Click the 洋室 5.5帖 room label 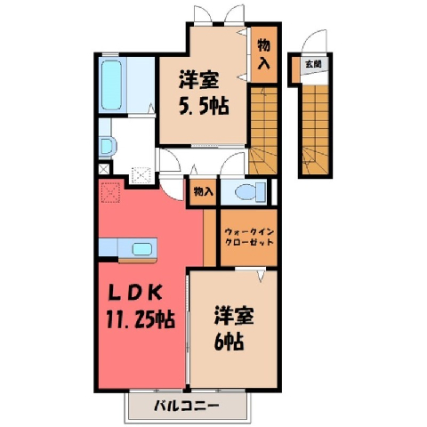pyautogui.click(x=204, y=93)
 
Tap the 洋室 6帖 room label pyautogui.click(x=234, y=328)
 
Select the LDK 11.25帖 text pyautogui.click(x=140, y=306)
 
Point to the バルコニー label pyautogui.click(x=187, y=405)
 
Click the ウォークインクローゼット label pyautogui.click(x=249, y=237)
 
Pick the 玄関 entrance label pyautogui.click(x=313, y=64)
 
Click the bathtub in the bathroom pyautogui.click(x=112, y=85)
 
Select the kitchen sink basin pyautogui.click(x=142, y=249)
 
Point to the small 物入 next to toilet pyautogui.click(x=203, y=192)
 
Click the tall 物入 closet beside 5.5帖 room pyautogui.click(x=264, y=54)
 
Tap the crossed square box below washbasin pyautogui.click(x=104, y=169)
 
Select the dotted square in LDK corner pyautogui.click(x=110, y=192)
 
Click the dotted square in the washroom pyautogui.click(x=141, y=175)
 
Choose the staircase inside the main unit pyautogui.click(x=263, y=131)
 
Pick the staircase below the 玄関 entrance pyautogui.click(x=316, y=130)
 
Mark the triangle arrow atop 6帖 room pyautogui.click(x=261, y=276)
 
